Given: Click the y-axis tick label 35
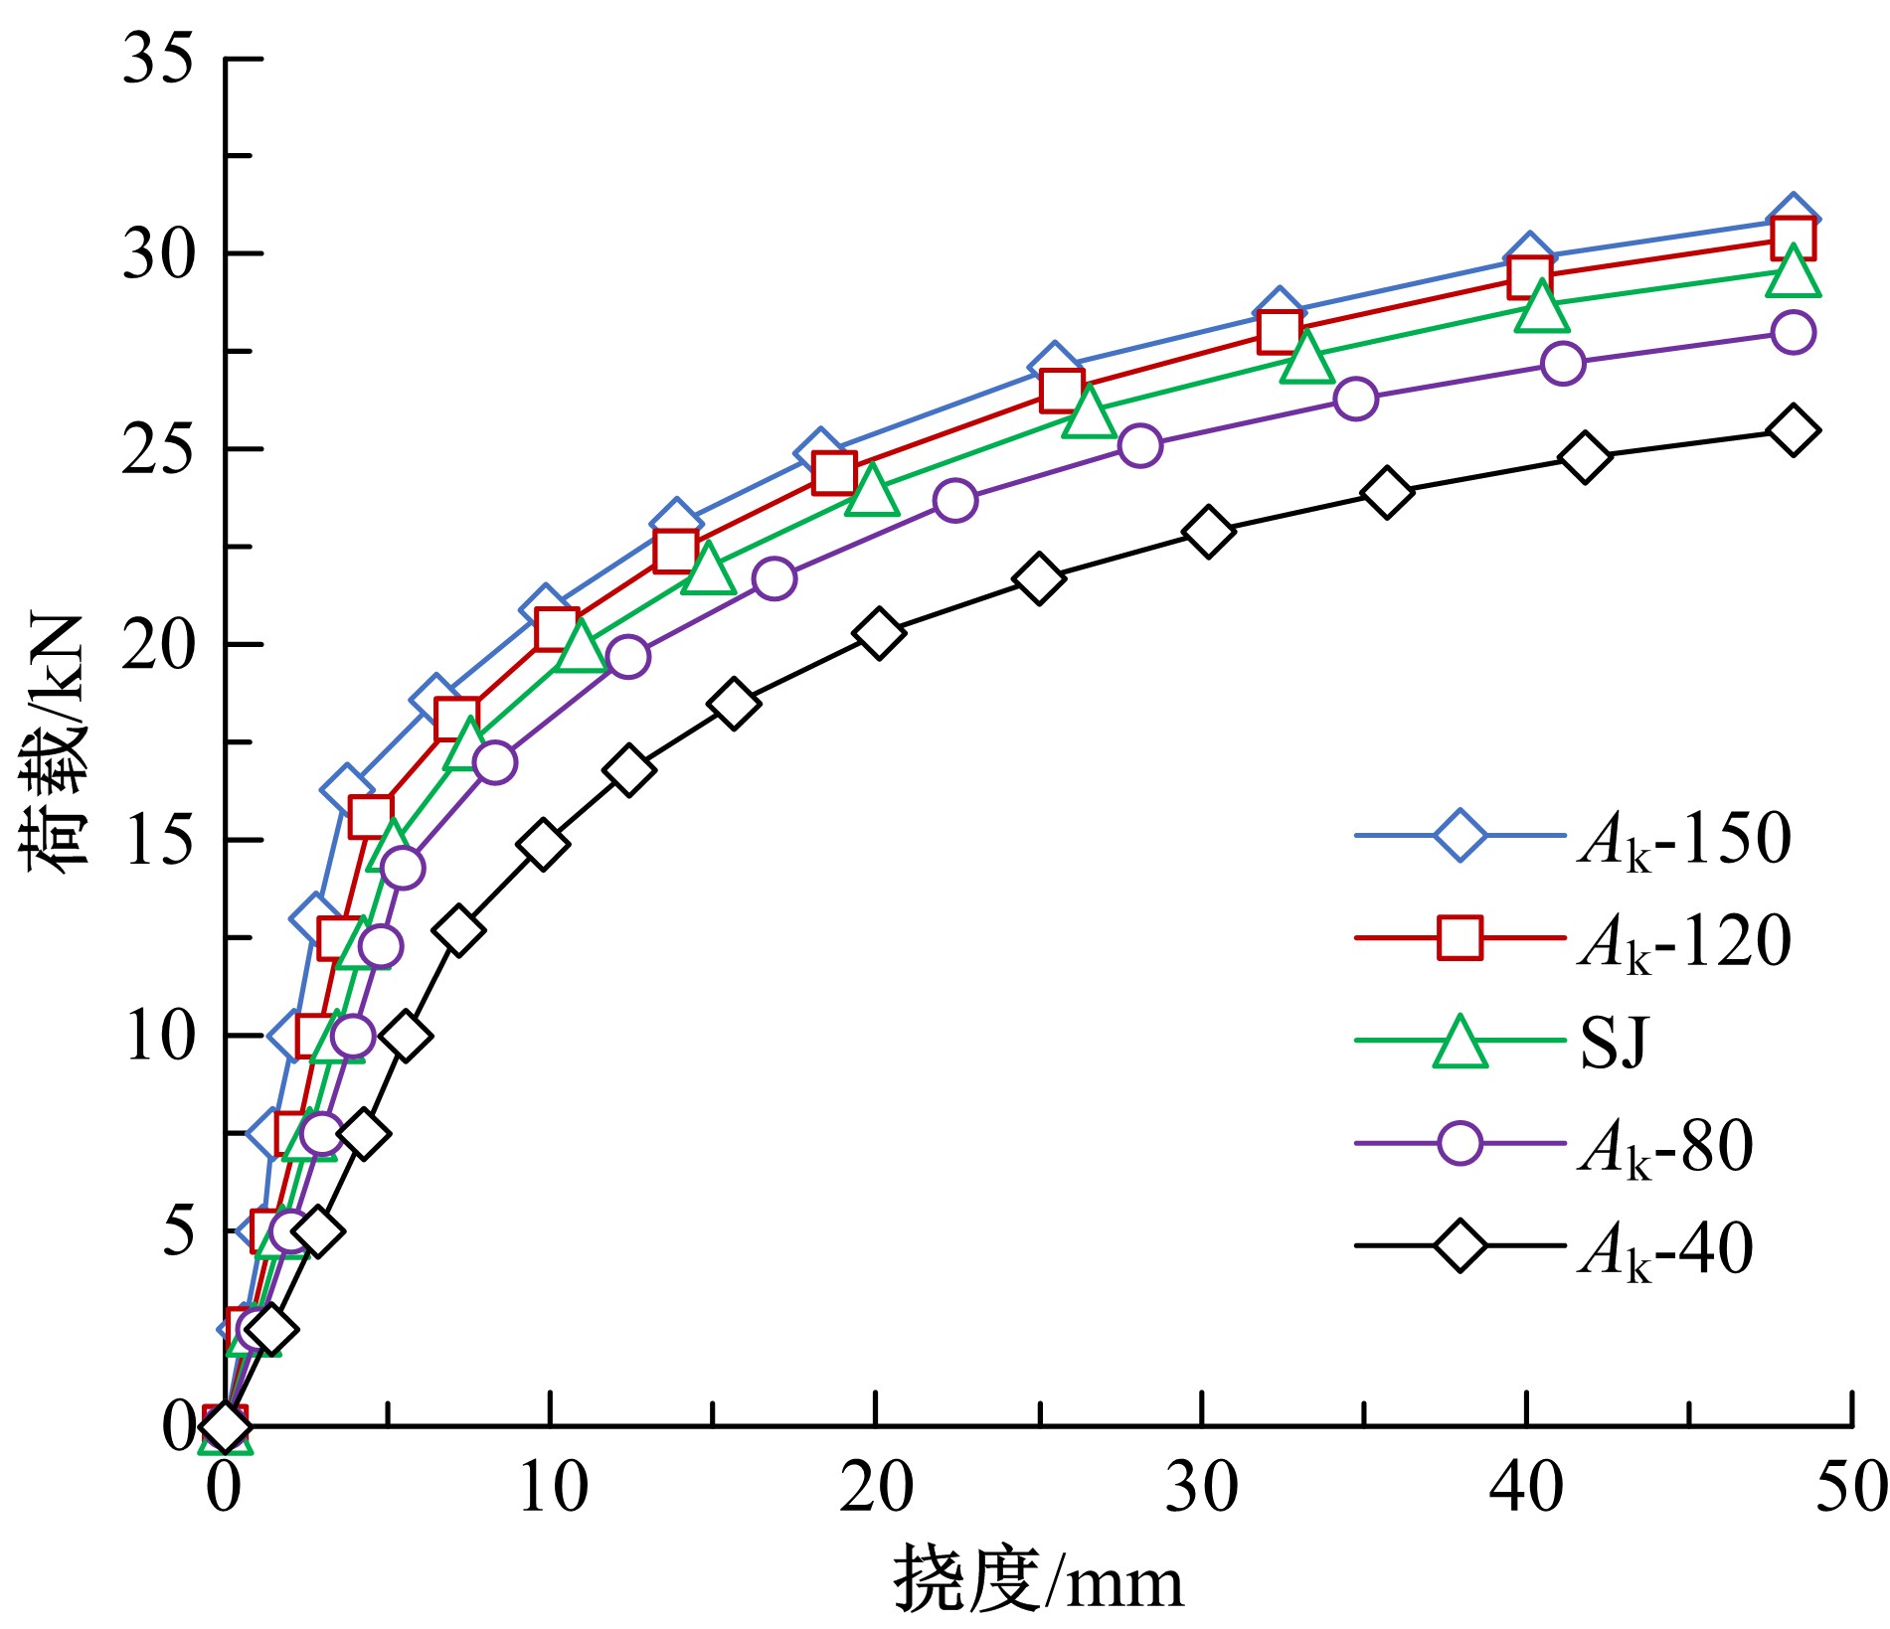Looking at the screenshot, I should pos(157,60).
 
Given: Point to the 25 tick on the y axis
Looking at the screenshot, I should pos(157,449).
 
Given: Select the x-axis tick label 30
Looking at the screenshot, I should pos(1201,1489).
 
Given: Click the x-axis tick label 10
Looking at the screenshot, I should pos(553,1489).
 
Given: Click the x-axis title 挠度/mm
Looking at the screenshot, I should pos(1038,1580).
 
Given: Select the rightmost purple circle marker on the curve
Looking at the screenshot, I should pos(1793,332).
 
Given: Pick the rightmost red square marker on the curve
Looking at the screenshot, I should pos(1793,239).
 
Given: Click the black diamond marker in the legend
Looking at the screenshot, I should pos(1460,1245).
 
